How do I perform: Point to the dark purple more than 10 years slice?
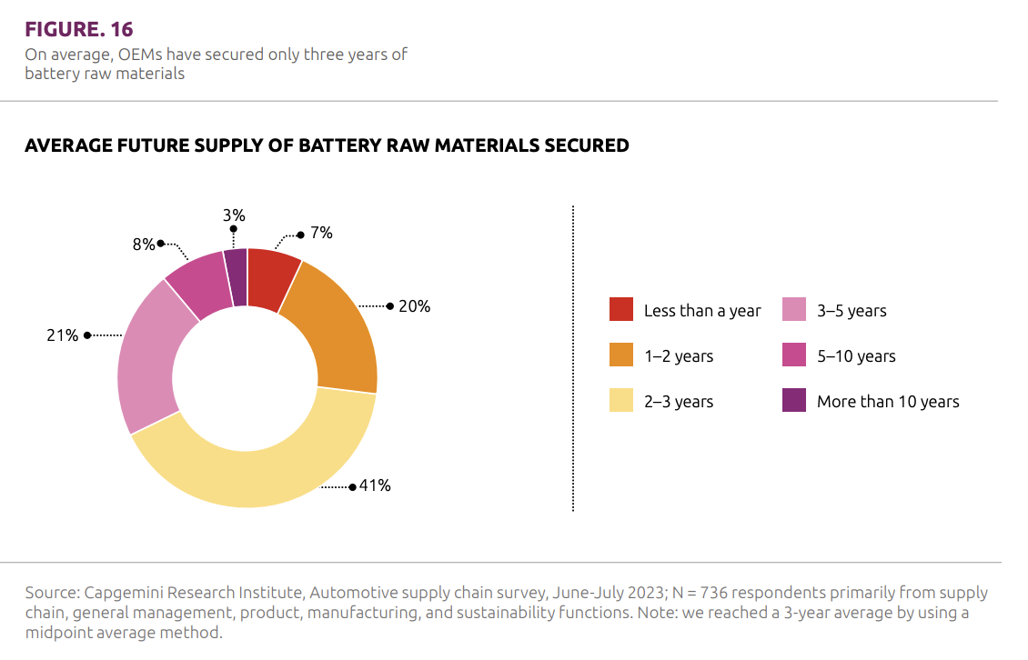pos(237,276)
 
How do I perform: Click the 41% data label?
pos(375,485)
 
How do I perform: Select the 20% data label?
pos(414,306)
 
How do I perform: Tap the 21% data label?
pos(62,335)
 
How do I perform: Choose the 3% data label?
pos(234,215)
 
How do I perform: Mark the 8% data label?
pos(143,244)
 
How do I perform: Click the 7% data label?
pos(320,233)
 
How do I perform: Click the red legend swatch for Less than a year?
pos(621,310)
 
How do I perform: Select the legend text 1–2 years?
pos(679,356)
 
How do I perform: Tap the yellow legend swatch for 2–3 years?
pos(621,401)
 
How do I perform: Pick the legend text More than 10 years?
pos(888,402)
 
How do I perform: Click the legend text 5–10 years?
pos(856,356)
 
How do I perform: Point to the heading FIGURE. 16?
pos(78,29)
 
